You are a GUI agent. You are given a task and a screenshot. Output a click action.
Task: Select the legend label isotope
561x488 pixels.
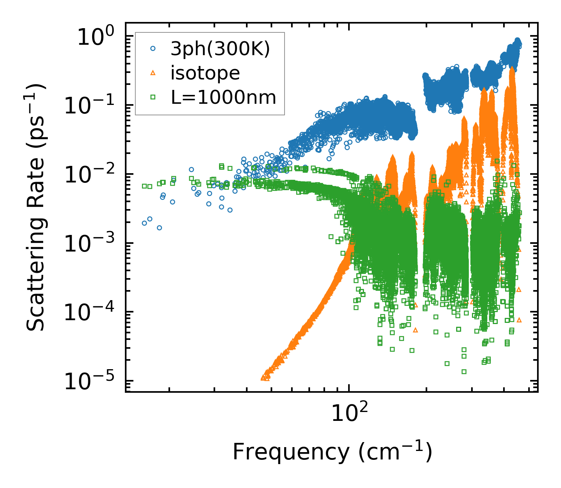tap(205, 73)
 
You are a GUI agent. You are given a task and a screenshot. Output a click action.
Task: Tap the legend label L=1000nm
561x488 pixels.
tap(224, 98)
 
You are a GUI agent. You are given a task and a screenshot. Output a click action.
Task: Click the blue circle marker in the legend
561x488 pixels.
tap(153, 49)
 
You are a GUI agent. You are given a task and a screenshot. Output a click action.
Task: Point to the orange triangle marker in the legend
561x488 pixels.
tap(153, 73)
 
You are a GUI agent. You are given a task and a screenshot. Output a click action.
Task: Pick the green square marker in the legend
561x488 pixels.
tap(153, 97)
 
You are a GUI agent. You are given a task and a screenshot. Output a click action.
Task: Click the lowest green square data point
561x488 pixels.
tap(464, 372)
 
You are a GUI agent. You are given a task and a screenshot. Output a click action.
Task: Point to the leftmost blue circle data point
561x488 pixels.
tap(145, 223)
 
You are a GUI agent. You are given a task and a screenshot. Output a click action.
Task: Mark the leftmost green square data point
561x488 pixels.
tap(145, 186)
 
